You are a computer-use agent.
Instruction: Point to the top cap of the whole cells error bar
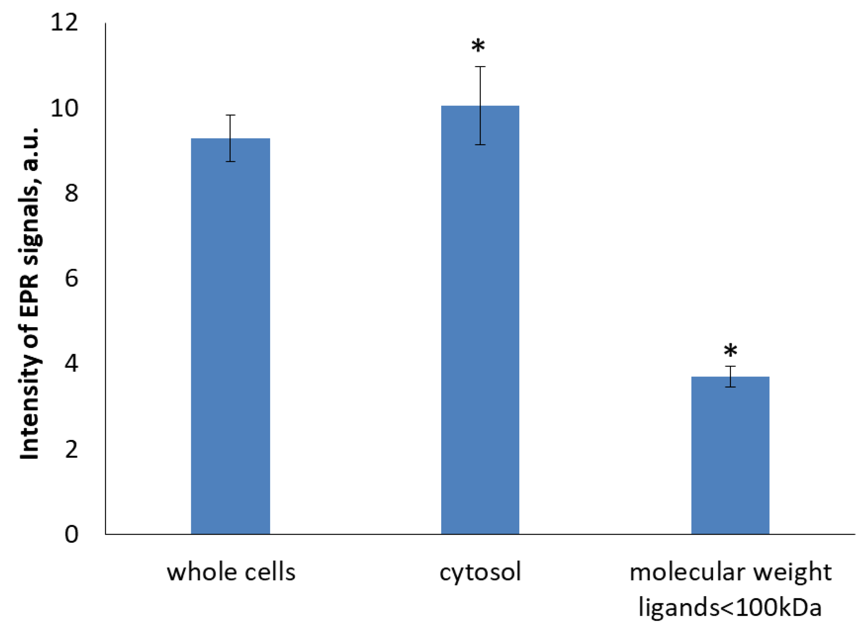tap(230, 115)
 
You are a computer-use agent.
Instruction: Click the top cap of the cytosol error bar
tap(480, 67)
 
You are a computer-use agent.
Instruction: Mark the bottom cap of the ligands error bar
tap(730, 387)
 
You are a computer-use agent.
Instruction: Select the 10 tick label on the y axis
tap(64, 108)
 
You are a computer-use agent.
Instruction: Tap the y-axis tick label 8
tap(71, 193)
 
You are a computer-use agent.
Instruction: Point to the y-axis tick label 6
tap(71, 278)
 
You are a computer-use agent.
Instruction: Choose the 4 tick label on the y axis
tap(71, 363)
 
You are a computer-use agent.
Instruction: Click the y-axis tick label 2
tap(71, 449)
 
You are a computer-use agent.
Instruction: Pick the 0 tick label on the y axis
tap(71, 534)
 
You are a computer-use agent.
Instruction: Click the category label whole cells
tap(231, 572)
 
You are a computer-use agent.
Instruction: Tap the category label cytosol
tap(480, 572)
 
